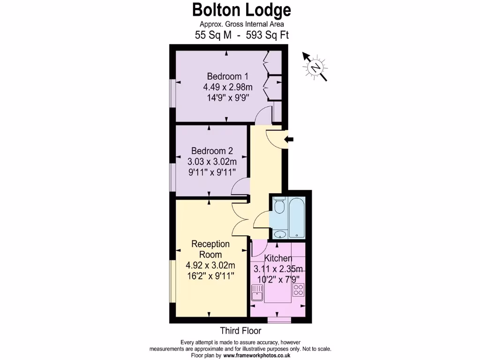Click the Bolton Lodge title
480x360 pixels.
(x=241, y=9)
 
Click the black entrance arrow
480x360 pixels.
(x=289, y=139)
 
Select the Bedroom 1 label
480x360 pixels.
(x=228, y=76)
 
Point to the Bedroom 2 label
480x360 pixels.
(x=212, y=151)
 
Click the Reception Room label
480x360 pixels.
(x=210, y=249)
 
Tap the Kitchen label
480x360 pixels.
(x=278, y=258)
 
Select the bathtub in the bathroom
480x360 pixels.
(x=297, y=218)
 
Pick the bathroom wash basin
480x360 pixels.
(x=279, y=234)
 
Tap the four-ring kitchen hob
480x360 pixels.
(x=298, y=290)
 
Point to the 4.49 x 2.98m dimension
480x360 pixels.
(x=228, y=87)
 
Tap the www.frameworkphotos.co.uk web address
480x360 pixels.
(x=256, y=355)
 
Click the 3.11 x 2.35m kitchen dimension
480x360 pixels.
(x=278, y=269)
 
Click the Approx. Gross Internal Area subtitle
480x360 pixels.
(x=242, y=24)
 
